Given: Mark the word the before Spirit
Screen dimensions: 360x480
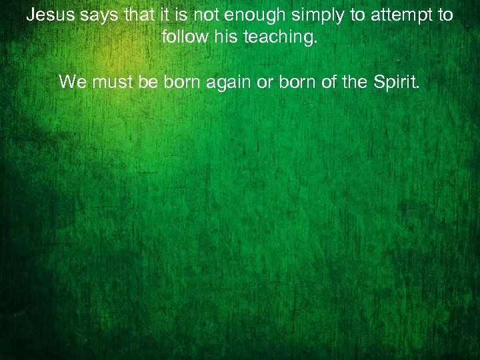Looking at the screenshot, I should coord(354,82).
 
